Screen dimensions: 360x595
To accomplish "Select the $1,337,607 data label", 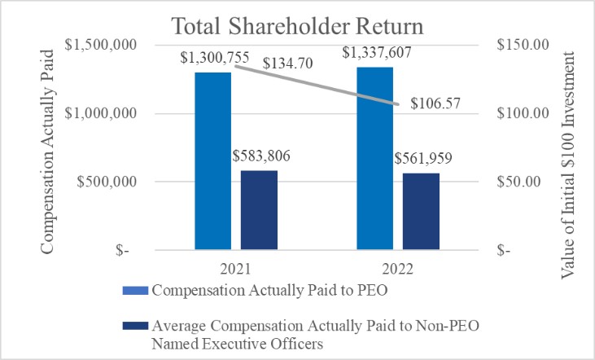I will click(x=377, y=54).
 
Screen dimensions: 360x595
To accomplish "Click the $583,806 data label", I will click(x=261, y=156).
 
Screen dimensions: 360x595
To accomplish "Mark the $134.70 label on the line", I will click(x=288, y=64).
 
